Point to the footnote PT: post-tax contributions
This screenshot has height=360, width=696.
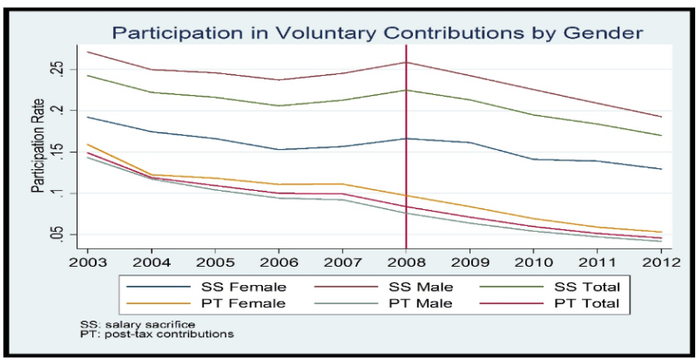pyautogui.click(x=147, y=334)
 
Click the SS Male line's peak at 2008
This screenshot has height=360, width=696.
pyautogui.click(x=407, y=62)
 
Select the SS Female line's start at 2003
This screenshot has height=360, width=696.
pyautogui.click(x=87, y=117)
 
